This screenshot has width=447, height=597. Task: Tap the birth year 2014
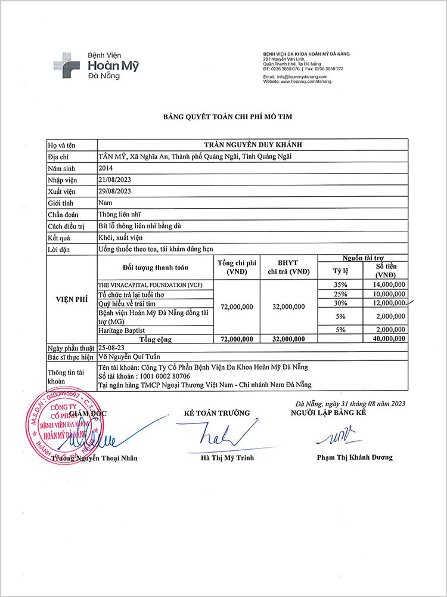point(105,168)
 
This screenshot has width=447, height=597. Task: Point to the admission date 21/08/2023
point(114,180)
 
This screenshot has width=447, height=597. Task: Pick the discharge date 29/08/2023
point(114,191)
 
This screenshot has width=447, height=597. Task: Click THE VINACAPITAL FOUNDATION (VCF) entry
point(150,286)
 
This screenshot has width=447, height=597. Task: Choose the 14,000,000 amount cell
point(387,285)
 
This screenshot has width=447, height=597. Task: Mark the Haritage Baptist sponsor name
point(122,330)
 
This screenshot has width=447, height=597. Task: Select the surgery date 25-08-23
point(113,348)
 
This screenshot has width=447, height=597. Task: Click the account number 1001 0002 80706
point(160,376)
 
